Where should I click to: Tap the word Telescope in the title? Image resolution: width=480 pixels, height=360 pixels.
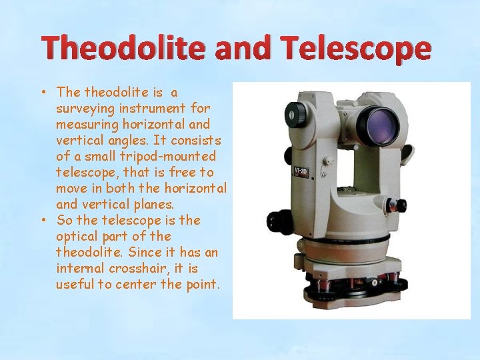pyautogui.click(x=357, y=49)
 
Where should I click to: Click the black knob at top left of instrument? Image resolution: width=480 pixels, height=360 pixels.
pyautogui.click(x=293, y=115)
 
